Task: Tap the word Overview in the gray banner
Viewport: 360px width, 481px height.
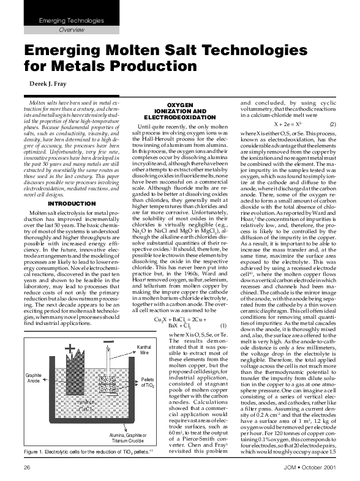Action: tap(72, 29)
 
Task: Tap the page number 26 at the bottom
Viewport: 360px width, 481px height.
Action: tap(27, 467)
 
